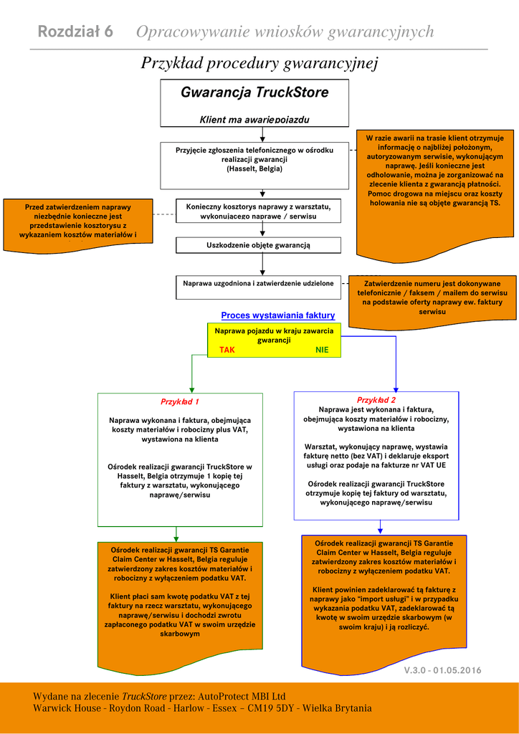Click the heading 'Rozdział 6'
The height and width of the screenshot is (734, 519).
[75, 32]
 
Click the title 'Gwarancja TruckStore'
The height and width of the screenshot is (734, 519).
[254, 92]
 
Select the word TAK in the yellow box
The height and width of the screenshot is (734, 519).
[227, 350]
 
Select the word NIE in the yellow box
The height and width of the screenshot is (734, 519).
[322, 350]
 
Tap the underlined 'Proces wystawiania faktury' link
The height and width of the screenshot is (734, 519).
[278, 315]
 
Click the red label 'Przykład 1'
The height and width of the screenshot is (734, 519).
[180, 402]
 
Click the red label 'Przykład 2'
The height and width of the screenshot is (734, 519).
[376, 400]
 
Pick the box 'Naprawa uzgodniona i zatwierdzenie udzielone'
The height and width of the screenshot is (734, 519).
[258, 284]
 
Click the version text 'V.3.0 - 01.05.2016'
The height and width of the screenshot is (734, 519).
[442, 670]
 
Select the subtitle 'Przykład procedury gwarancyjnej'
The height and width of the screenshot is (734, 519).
[259, 63]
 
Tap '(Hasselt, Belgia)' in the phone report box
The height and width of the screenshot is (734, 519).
[254, 169]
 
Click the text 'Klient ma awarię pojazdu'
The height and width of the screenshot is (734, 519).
[254, 120]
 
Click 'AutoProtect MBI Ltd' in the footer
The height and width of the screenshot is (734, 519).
[242, 696]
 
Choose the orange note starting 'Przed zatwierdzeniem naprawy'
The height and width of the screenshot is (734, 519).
[78, 222]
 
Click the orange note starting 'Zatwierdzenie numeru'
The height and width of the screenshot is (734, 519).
[432, 297]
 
